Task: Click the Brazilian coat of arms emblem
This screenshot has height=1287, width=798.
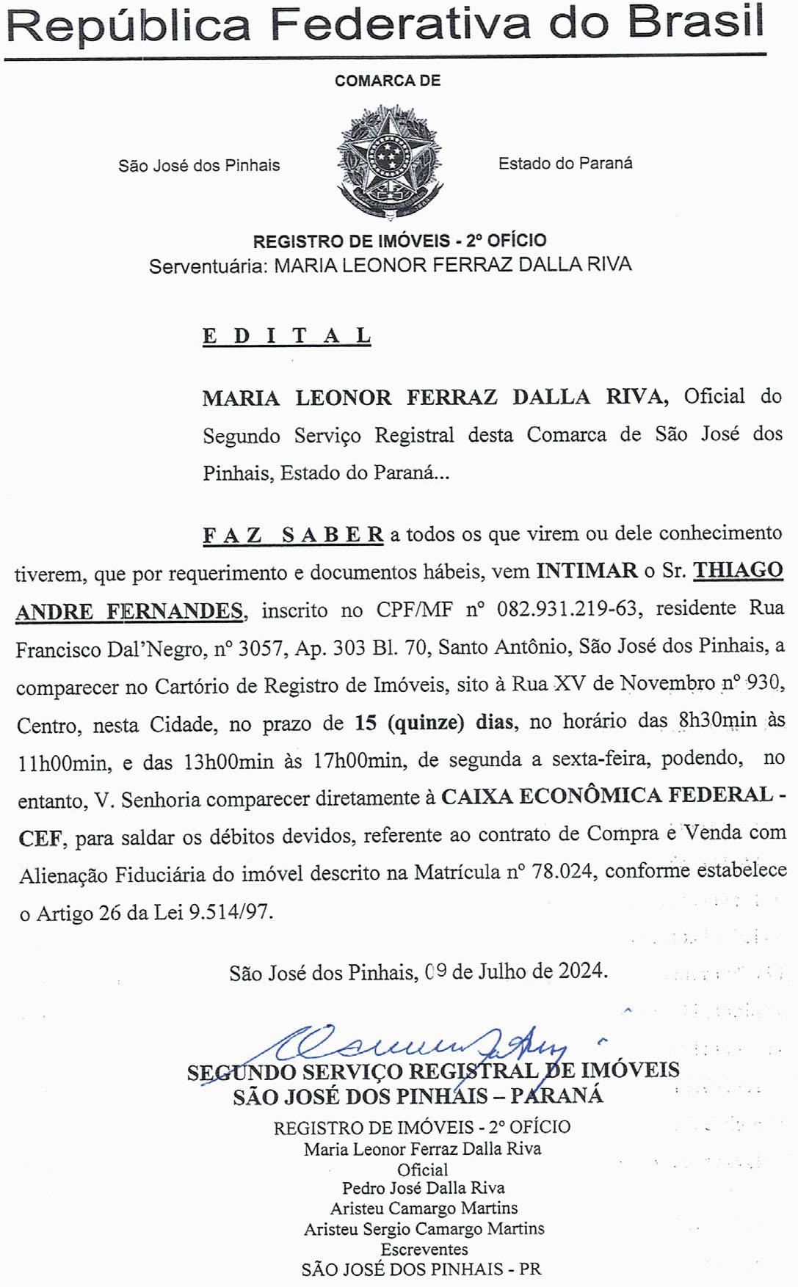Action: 390,161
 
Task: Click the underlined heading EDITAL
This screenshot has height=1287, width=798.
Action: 286,336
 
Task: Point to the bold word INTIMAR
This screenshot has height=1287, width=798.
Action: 587,571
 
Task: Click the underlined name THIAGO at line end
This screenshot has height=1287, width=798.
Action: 739,570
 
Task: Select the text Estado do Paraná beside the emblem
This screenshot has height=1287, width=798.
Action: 565,164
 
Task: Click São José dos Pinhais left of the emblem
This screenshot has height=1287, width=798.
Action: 199,166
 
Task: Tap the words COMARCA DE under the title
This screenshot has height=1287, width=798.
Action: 388,81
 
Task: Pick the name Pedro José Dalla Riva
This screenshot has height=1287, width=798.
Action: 424,1187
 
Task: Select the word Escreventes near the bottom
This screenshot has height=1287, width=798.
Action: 424,1249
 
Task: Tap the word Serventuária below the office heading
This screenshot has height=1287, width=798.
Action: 208,265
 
